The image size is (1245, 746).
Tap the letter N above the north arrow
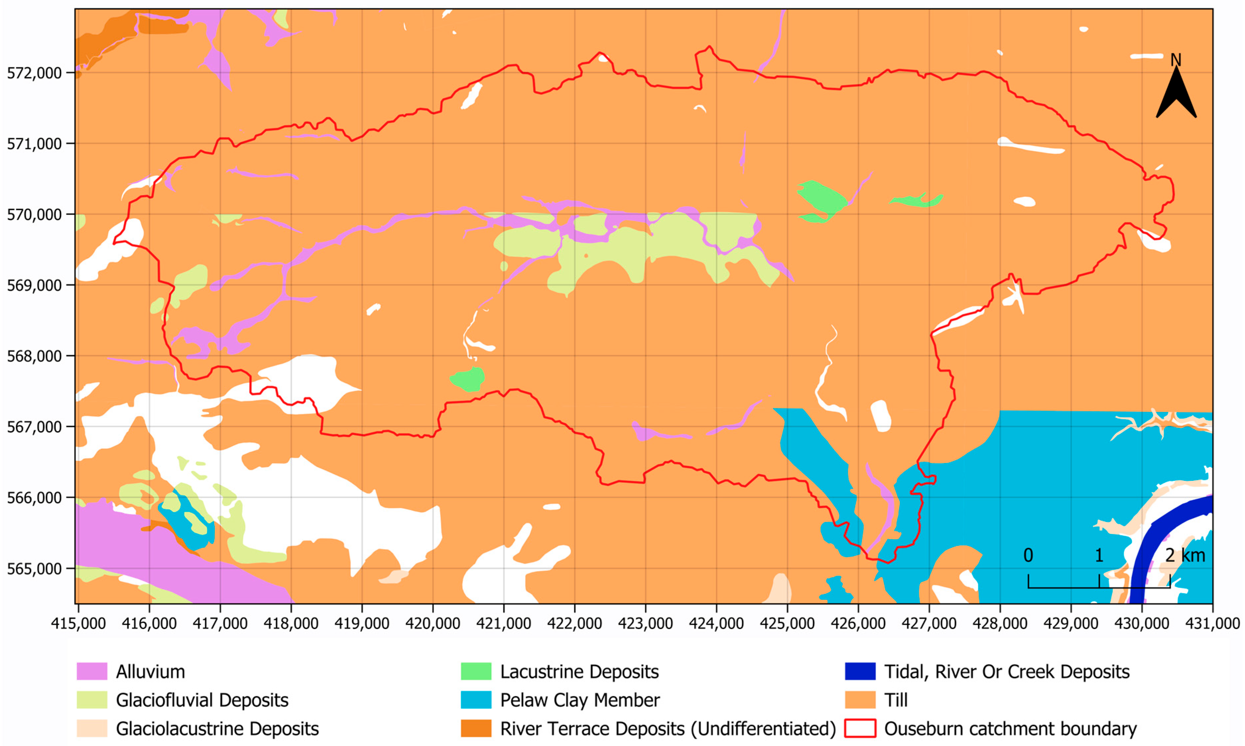(1176, 60)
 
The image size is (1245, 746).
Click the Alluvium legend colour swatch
(91, 672)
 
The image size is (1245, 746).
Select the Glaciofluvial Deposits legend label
(202, 700)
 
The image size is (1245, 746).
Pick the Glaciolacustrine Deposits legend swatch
(91, 728)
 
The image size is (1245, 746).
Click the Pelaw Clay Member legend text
(579, 700)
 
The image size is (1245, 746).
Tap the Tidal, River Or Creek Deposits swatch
(860, 672)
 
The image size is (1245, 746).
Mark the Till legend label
(896, 700)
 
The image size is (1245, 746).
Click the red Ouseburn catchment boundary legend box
(860, 728)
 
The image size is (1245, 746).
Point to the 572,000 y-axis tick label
(34, 73)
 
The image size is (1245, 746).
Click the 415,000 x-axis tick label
(79, 623)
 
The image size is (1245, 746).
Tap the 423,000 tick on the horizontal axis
(645, 623)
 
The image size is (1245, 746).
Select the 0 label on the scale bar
(1028, 555)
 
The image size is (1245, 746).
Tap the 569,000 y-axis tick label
(34, 286)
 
